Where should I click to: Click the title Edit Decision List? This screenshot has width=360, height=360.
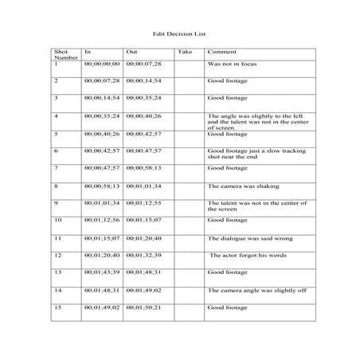coord(179,35)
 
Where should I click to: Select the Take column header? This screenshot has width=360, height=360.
coord(184,52)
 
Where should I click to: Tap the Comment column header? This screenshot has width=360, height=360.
coord(217,52)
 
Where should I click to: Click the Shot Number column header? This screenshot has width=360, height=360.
coord(61,55)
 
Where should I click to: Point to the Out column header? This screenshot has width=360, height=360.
coord(132,52)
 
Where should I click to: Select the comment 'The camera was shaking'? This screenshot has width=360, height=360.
coord(237,185)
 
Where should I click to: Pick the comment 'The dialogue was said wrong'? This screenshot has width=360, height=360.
coord(242,238)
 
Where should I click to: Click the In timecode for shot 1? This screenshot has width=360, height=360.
coord(101,63)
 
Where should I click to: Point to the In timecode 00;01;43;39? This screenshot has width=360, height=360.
coord(101,272)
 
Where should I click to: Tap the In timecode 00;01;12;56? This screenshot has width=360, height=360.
coord(101,220)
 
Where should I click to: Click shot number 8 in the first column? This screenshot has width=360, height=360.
coord(56,185)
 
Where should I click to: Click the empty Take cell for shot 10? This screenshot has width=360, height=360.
coord(189,220)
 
